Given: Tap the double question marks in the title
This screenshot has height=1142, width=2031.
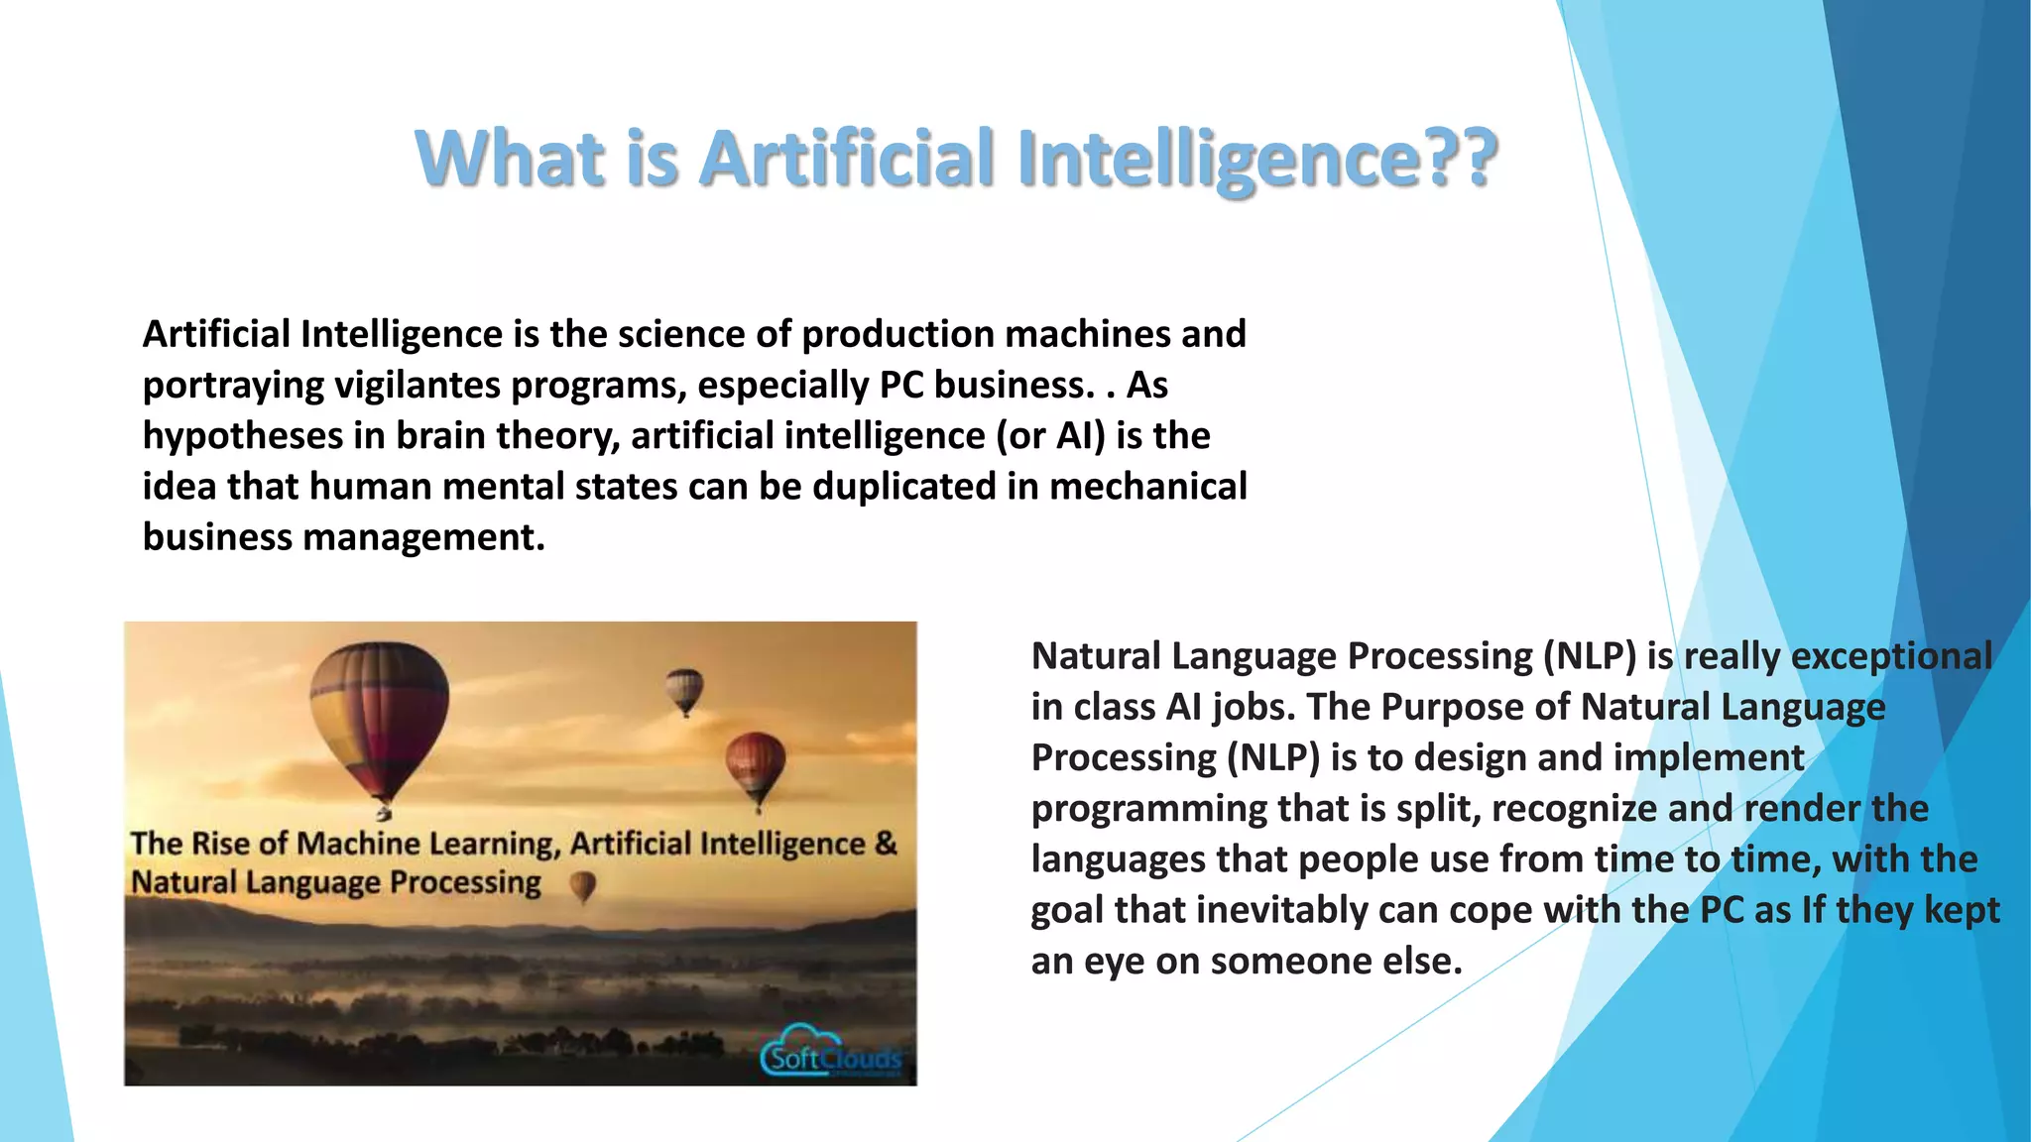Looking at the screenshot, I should (1461, 159).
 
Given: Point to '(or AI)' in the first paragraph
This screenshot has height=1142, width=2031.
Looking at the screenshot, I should (1050, 435).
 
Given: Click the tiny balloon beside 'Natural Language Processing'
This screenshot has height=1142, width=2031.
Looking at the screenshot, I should (583, 885).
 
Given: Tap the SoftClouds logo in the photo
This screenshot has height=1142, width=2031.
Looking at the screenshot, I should (831, 1055).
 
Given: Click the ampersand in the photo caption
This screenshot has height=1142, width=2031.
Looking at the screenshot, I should (886, 844).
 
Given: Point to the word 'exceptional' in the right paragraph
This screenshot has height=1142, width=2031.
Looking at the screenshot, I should (1890, 656).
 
